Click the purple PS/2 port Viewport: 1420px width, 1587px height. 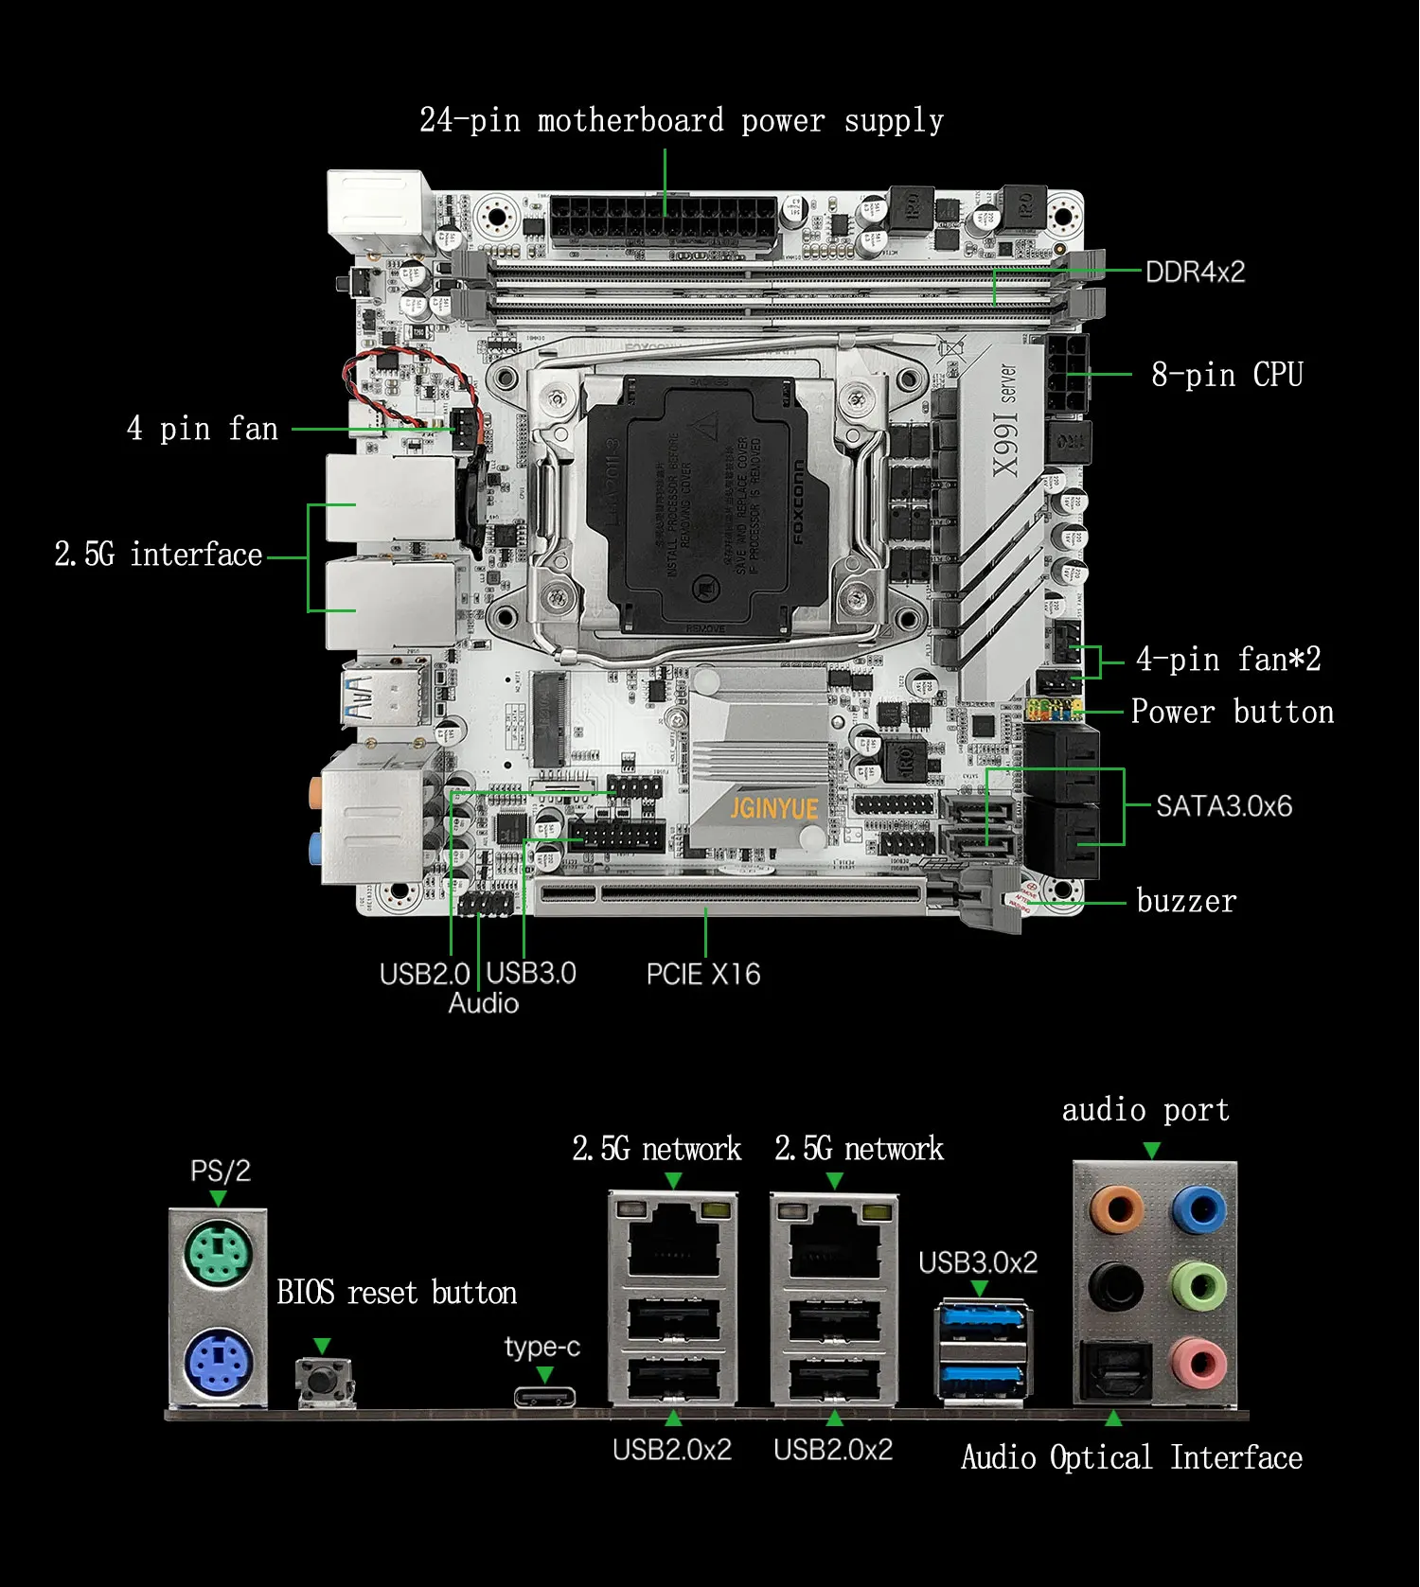[x=218, y=1364]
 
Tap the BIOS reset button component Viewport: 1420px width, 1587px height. [x=324, y=1381]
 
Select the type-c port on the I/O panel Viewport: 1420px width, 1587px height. [x=545, y=1396]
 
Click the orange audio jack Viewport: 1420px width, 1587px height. [x=1117, y=1208]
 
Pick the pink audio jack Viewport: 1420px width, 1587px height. [x=1198, y=1364]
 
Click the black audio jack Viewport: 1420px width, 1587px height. [x=1115, y=1286]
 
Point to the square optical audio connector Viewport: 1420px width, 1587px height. [x=1117, y=1368]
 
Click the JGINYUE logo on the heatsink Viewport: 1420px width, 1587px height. [x=773, y=808]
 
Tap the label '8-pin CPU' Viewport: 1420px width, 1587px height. [x=1227, y=375]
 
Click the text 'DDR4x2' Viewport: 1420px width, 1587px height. [x=1195, y=273]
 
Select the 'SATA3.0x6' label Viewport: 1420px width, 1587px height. [x=1223, y=806]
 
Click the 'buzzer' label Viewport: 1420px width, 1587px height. [x=1186, y=901]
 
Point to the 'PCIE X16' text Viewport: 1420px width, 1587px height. [x=703, y=974]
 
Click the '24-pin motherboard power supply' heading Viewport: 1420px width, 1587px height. [x=682, y=121]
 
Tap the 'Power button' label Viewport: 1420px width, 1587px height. [x=1232, y=712]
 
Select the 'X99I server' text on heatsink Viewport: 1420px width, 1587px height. [x=1004, y=421]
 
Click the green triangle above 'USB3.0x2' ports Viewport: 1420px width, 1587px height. [x=980, y=1289]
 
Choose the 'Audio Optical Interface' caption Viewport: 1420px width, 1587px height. [x=1131, y=1457]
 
